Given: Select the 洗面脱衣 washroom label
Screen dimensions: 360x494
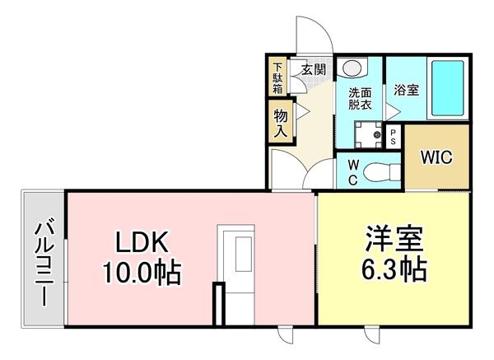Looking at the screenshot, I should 360,99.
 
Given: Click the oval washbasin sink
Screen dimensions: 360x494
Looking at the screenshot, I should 353,68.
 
